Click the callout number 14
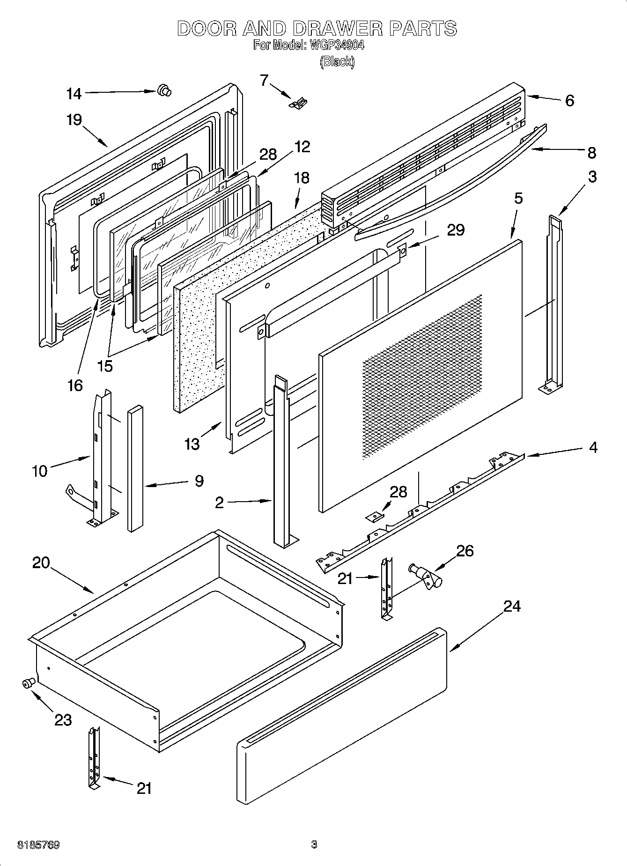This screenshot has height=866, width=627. [74, 94]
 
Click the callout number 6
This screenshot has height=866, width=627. [569, 101]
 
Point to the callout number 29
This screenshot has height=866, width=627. [455, 230]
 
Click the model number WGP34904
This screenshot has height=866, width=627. [335, 45]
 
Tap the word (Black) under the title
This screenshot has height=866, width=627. [337, 61]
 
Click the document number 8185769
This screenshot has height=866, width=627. [38, 845]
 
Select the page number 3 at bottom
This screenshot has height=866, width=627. [314, 845]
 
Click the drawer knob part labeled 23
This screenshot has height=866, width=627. [29, 683]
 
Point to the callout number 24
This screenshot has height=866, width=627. [512, 607]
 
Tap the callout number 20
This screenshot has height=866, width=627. [41, 563]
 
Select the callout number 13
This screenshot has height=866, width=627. [192, 444]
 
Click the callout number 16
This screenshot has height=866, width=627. [75, 385]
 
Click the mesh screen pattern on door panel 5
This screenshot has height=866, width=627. [421, 375]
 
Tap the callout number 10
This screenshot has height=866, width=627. [40, 471]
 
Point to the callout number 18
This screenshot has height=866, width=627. [302, 178]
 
